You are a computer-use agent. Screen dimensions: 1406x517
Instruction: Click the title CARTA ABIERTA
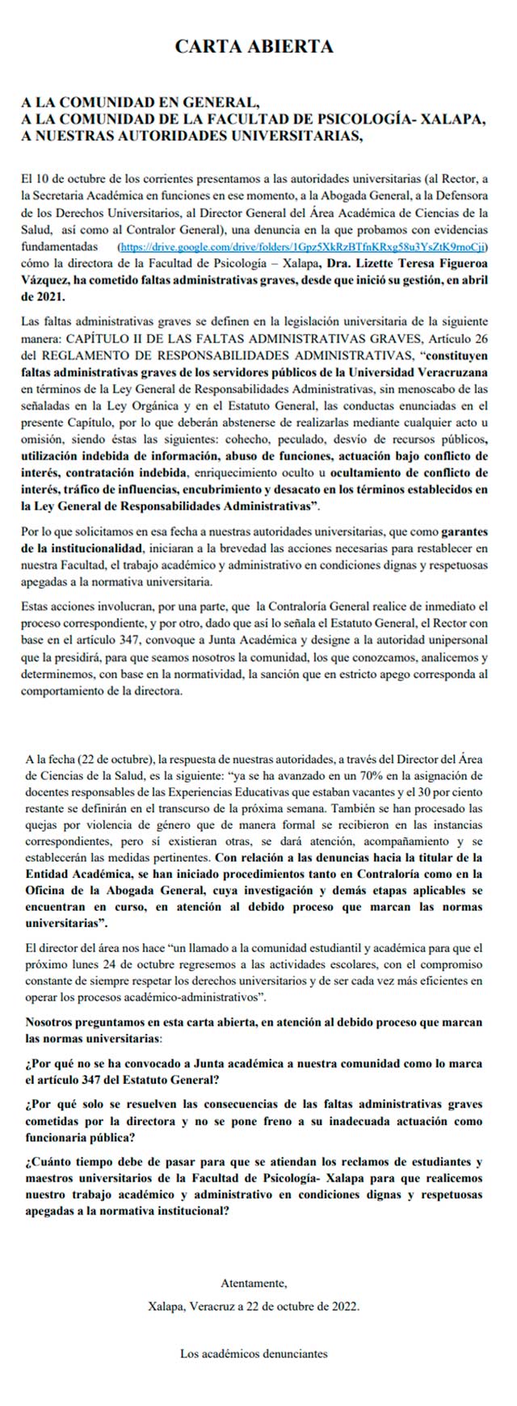point(254,47)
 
